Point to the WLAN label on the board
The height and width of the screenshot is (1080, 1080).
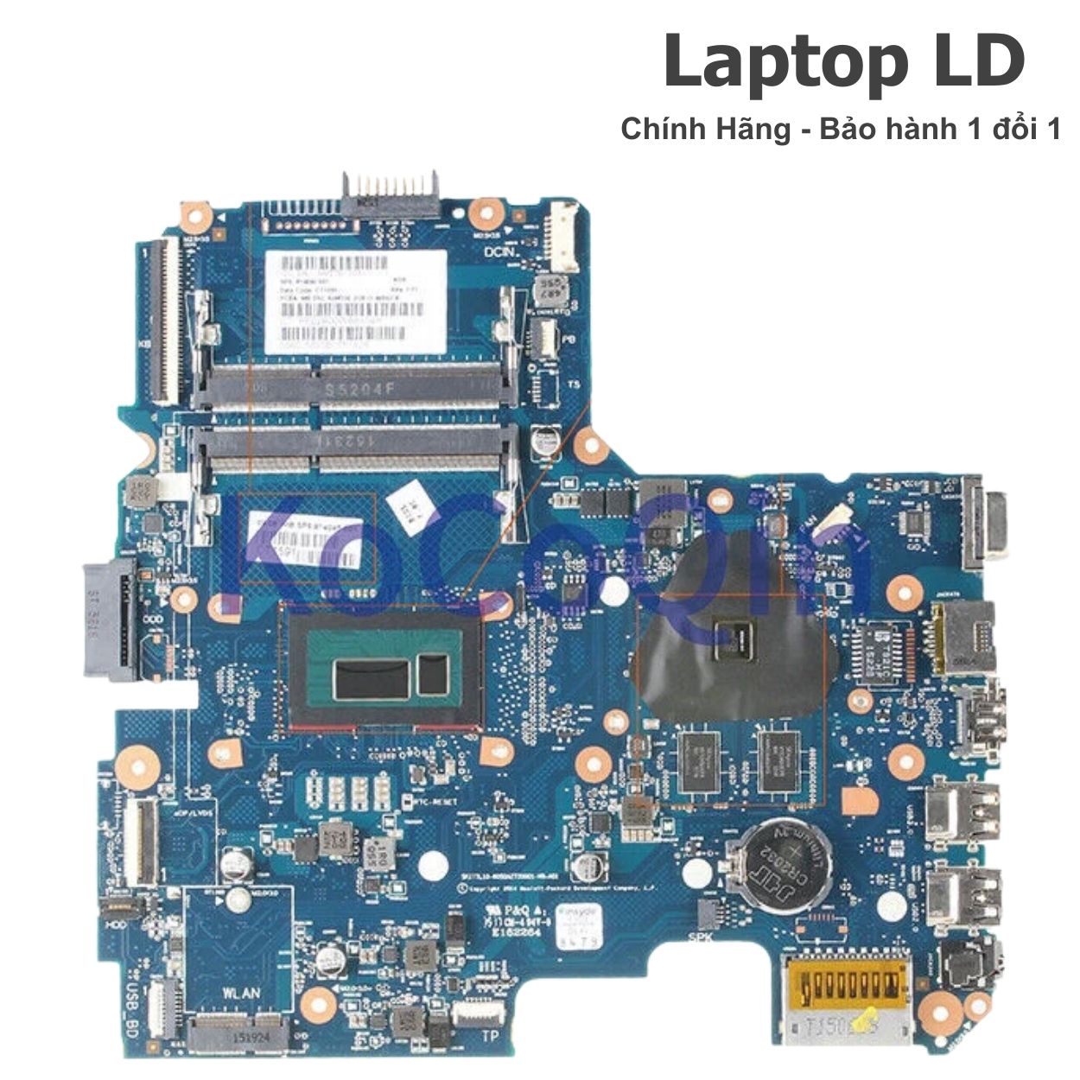tap(240, 992)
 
